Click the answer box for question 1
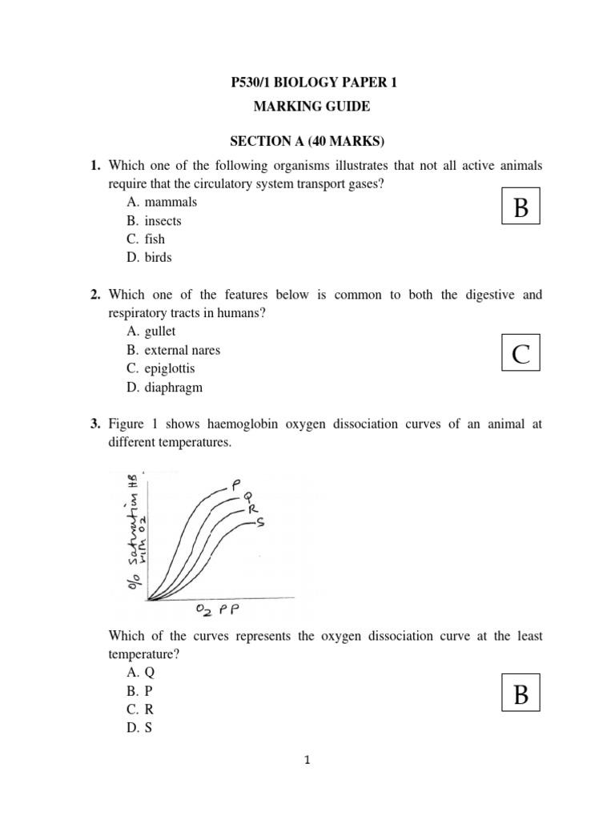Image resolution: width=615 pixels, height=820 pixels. pos(521,207)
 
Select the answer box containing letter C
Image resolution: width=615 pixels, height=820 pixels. pos(521,352)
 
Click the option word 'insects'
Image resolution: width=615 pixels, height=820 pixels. pos(163,221)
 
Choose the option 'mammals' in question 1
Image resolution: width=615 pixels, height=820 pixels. pos(171,203)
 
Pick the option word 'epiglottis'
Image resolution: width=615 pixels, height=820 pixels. pos(170,369)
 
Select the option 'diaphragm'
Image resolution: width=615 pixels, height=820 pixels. pos(174,388)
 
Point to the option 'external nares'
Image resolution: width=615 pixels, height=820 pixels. pos(183,351)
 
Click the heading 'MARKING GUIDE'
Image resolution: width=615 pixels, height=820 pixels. pos(307,106)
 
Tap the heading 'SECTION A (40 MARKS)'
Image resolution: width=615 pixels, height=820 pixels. pos(307,143)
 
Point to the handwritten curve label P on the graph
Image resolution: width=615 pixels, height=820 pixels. pos(236,484)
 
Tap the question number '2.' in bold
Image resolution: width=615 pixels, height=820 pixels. pos(94,295)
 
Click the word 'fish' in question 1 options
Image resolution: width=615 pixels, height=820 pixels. pos(155,239)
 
